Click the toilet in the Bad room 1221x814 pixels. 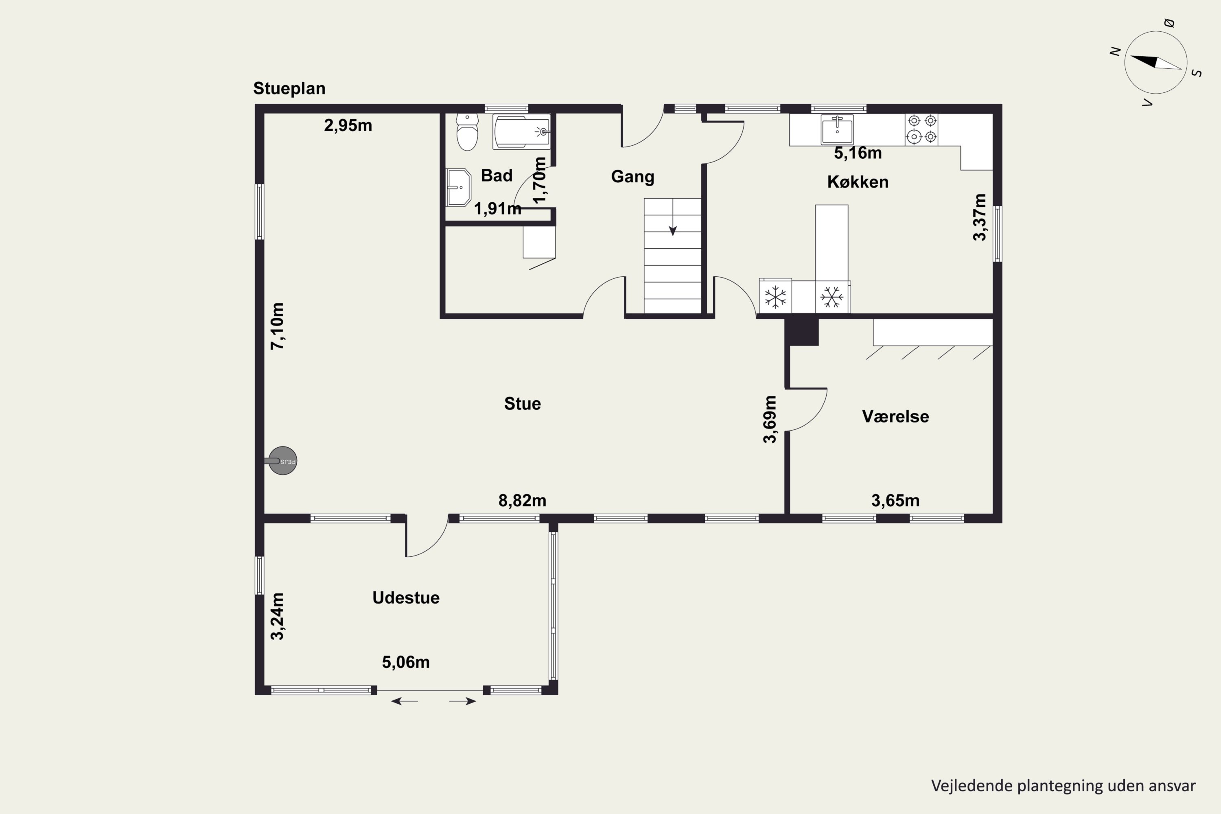467,132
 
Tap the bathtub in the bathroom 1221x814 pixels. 522,132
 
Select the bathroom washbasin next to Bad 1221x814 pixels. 458,187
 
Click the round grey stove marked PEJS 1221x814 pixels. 282,460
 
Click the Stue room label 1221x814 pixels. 522,403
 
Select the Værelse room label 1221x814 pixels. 895,416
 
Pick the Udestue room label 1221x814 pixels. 406,597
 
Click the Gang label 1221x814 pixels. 632,177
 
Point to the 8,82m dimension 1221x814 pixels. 522,501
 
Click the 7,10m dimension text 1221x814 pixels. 278,326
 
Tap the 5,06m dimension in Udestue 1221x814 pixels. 406,662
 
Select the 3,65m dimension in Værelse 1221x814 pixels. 895,501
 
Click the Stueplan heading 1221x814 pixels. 289,88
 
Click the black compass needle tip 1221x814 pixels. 1131,57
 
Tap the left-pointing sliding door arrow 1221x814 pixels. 405,701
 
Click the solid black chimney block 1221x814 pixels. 801,332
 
